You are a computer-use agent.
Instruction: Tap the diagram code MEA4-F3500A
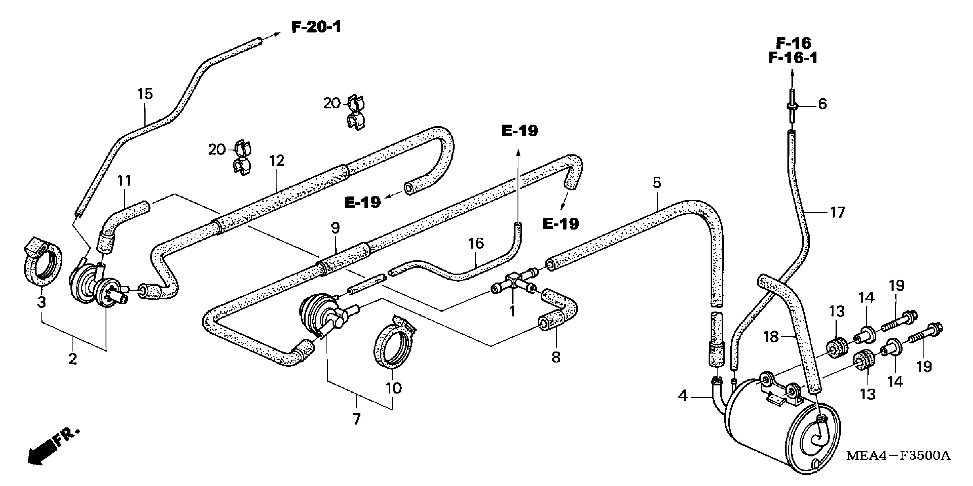[898, 455]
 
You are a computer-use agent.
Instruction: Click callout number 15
[145, 94]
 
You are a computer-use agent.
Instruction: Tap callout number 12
[276, 160]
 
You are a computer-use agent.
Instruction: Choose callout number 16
[476, 243]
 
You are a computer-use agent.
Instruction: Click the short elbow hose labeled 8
[559, 313]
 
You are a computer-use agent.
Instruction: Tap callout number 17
[837, 213]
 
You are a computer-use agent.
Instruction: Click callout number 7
[357, 419]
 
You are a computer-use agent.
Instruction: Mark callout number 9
[335, 228]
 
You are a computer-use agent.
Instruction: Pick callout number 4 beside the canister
[682, 396]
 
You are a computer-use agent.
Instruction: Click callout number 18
[771, 336]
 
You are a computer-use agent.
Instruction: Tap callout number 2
[73, 358]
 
